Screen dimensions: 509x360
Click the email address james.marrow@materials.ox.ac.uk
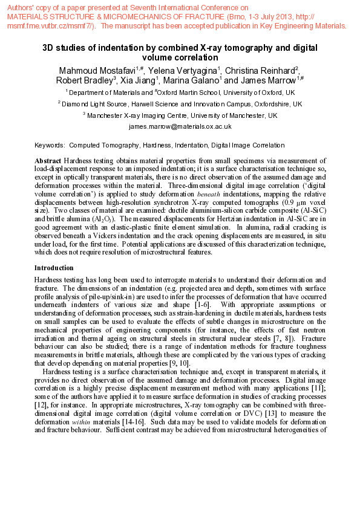(x=180, y=126)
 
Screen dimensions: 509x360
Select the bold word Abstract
(x=48, y=160)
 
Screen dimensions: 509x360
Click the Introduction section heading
(x=54, y=267)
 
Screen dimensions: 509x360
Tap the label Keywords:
(x=50, y=145)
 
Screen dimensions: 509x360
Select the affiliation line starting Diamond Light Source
(x=180, y=104)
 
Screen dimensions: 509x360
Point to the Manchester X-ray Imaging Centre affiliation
(x=180, y=115)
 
